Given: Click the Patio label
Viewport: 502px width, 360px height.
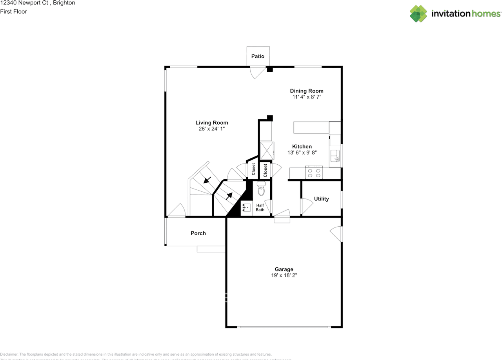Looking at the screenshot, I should coord(258,56).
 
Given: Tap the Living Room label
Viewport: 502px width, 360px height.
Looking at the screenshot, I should coord(212,123).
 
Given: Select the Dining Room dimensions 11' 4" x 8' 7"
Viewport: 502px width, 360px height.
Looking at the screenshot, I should coord(307,97).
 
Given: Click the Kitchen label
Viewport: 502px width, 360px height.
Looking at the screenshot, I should coord(302,147).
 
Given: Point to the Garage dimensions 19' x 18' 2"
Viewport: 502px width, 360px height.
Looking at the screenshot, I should coord(284,275).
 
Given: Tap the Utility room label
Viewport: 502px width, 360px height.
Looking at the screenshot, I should coord(321,199).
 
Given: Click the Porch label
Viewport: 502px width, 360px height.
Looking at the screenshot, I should coord(198,233).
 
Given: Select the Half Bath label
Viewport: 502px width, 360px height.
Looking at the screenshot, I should coord(260,207).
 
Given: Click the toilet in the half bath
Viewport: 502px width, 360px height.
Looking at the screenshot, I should coord(262,189).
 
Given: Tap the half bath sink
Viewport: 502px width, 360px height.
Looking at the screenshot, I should coord(246,207).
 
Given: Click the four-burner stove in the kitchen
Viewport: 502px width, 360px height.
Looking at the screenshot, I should coord(314,173).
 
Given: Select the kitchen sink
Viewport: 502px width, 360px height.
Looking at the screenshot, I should coord(335,156).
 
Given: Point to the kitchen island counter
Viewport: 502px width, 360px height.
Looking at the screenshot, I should coord(311,127).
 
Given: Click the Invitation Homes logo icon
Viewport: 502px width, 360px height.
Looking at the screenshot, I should coord(418,14).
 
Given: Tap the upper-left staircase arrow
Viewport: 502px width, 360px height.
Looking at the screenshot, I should coord(207,180).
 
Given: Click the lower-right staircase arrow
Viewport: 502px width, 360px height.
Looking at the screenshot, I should coord(229,195).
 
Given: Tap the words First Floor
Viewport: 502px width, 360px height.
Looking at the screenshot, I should coord(13,11).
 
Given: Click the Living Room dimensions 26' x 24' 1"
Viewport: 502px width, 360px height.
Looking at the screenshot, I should coord(212,129).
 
